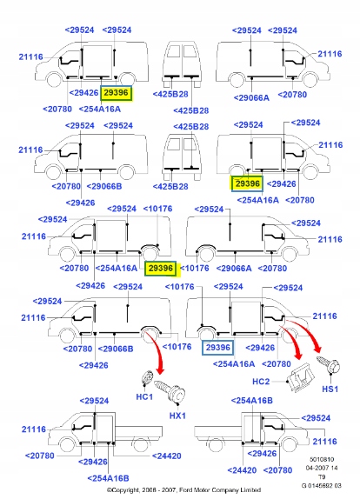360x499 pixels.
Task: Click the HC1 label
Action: [144, 396]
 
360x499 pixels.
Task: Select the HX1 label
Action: [177, 416]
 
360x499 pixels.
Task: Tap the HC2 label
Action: [261, 382]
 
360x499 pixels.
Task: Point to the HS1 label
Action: [330, 389]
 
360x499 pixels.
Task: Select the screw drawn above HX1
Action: [170, 391]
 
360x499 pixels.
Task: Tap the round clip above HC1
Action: [147, 378]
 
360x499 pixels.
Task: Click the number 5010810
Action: [322, 459]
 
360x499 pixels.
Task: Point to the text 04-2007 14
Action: [322, 468]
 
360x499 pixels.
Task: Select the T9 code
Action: [322, 476]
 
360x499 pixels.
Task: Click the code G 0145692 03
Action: [322, 486]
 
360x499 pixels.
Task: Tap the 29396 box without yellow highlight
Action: [217, 348]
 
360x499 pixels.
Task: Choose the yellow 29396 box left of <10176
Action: [160, 269]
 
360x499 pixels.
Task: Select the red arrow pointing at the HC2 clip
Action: [292, 340]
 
